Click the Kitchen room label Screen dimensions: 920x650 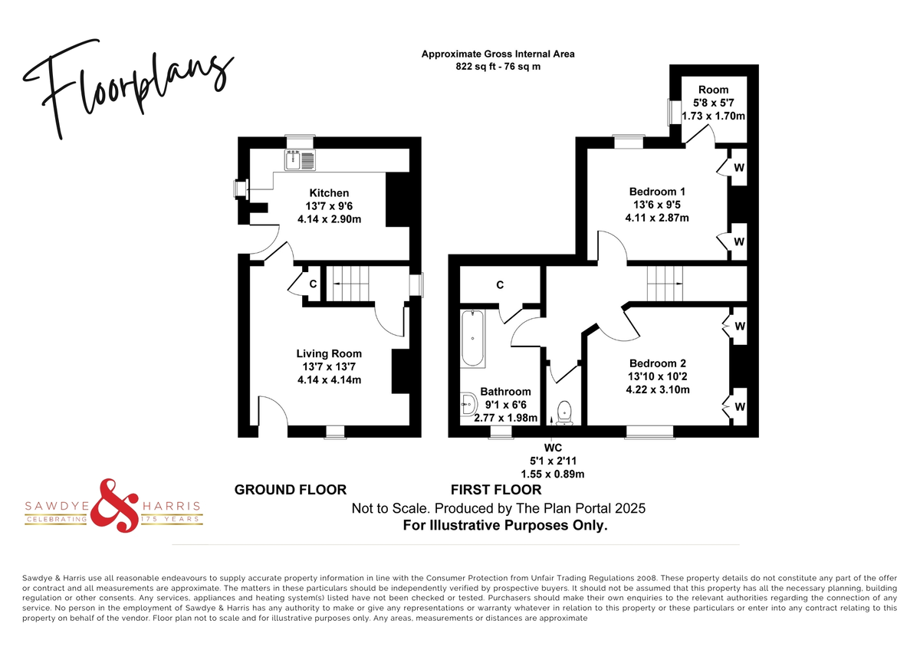click(329, 193)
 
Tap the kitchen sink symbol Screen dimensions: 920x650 click(301, 159)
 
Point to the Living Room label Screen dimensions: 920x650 click(329, 353)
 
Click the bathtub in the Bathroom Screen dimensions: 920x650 click(473, 338)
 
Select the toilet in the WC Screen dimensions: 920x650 click(564, 412)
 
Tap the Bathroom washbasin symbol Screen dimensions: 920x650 click(468, 405)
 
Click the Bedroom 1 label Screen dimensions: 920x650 click(657, 192)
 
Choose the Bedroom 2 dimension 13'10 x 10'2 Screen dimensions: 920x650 click(657, 376)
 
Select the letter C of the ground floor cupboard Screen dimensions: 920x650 click(313, 284)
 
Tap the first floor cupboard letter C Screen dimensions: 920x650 click(500, 285)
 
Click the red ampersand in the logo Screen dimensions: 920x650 click(114, 505)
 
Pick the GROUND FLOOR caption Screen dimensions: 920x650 click(291, 490)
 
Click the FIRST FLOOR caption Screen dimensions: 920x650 click(496, 490)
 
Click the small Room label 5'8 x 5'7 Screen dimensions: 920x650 click(714, 103)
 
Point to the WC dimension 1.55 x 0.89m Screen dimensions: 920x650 click(553, 474)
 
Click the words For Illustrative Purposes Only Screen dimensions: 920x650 click(505, 525)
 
